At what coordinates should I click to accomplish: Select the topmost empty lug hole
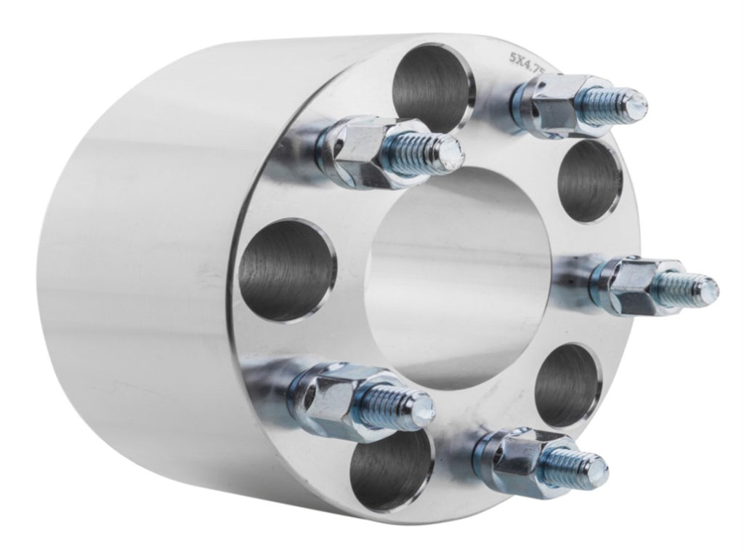click(x=433, y=88)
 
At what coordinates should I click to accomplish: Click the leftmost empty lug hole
click(x=288, y=271)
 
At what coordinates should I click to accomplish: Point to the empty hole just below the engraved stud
click(x=589, y=181)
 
